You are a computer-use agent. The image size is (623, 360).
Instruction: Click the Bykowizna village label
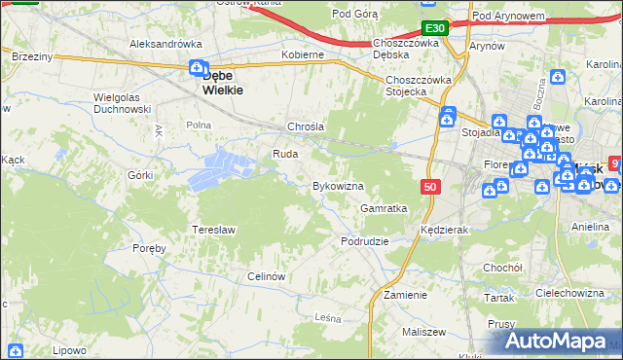[x=337, y=186]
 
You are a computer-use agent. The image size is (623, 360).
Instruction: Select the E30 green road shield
[x=435, y=28]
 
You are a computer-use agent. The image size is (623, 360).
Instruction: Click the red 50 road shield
[x=430, y=186]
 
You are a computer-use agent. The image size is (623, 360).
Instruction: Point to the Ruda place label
[x=284, y=154]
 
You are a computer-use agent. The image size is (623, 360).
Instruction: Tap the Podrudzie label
[x=365, y=241]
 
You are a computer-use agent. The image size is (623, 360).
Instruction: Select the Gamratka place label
[x=384, y=208]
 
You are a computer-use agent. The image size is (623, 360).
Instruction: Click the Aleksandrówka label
[x=165, y=44]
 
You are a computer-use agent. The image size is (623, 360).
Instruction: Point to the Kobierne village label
[x=302, y=55]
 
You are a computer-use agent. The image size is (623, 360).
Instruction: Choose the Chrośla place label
[x=305, y=127]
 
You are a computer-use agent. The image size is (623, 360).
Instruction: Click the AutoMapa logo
[x=559, y=342]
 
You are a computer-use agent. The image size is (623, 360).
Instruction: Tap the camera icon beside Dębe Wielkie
[x=198, y=68]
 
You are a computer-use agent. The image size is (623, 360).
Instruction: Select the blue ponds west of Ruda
[x=224, y=168]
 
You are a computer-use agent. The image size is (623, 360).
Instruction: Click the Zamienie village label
[x=405, y=295]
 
